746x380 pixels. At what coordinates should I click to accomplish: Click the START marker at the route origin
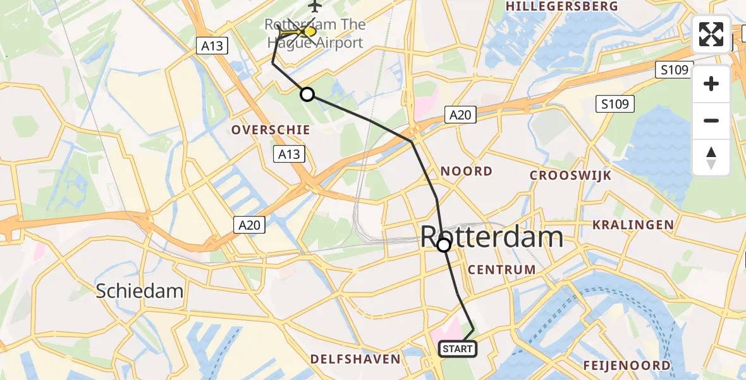tap(457, 349)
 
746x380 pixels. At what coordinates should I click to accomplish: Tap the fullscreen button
tap(711, 34)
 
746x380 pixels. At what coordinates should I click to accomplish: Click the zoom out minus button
tap(711, 120)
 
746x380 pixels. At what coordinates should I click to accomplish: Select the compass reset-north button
tap(711, 157)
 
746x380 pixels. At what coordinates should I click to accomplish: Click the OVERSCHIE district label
tap(271, 130)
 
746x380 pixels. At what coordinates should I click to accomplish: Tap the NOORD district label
tap(466, 171)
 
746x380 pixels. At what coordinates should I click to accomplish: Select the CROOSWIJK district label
tap(571, 175)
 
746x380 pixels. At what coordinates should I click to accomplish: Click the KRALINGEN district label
tap(633, 225)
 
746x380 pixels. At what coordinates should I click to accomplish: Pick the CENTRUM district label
tap(502, 270)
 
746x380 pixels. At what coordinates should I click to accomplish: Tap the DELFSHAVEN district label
tap(355, 359)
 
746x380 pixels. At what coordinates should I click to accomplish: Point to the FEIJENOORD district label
tap(627, 365)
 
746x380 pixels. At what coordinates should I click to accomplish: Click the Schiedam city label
tap(140, 291)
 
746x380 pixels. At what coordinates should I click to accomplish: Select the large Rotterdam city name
tap(492, 237)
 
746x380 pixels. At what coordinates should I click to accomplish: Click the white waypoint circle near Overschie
tap(307, 94)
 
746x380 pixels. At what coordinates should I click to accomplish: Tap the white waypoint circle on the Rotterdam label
tap(444, 245)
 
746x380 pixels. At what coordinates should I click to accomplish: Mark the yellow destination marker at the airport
tap(309, 31)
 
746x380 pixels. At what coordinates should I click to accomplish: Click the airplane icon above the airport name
tap(315, 6)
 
